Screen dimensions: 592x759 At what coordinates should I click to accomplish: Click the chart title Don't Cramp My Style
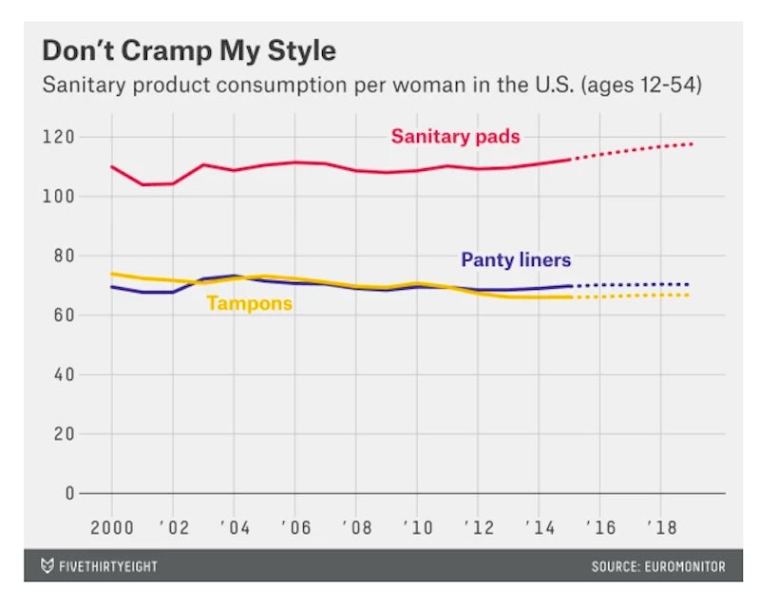click(x=188, y=49)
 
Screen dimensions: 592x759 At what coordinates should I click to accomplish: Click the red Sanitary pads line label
click(x=455, y=137)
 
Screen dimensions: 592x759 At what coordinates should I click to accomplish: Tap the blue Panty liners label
click(x=516, y=259)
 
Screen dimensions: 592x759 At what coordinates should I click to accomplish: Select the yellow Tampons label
click(x=248, y=304)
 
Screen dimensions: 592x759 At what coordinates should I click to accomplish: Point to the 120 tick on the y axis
click(x=58, y=137)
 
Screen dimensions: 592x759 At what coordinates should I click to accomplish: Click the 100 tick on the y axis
click(x=58, y=197)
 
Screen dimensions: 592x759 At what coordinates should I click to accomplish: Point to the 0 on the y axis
click(x=66, y=493)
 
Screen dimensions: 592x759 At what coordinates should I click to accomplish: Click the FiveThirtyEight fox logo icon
click(x=47, y=566)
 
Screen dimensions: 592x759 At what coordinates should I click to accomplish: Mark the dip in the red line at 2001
click(x=142, y=184)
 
